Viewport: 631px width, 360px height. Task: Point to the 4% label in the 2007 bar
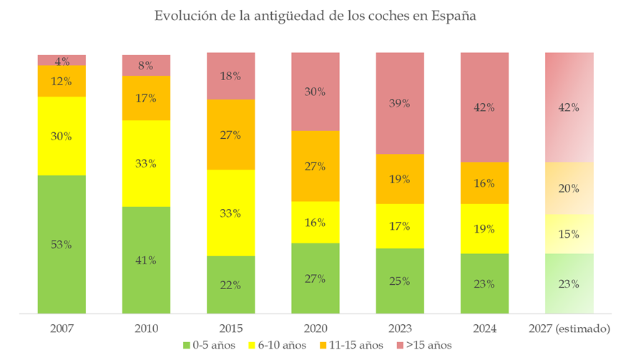coord(62,60)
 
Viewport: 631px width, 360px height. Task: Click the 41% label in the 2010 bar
coord(146,260)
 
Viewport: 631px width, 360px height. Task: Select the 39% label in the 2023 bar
coord(400,103)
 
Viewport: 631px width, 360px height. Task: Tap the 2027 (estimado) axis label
coord(569,329)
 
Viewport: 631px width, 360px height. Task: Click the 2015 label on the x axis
coord(230,329)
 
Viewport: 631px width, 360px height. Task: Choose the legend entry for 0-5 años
coord(213,346)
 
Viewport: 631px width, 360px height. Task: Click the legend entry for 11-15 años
coord(353,346)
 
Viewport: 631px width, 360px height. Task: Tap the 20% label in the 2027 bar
coord(569,188)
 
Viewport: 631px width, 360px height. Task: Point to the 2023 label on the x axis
coord(400,329)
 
